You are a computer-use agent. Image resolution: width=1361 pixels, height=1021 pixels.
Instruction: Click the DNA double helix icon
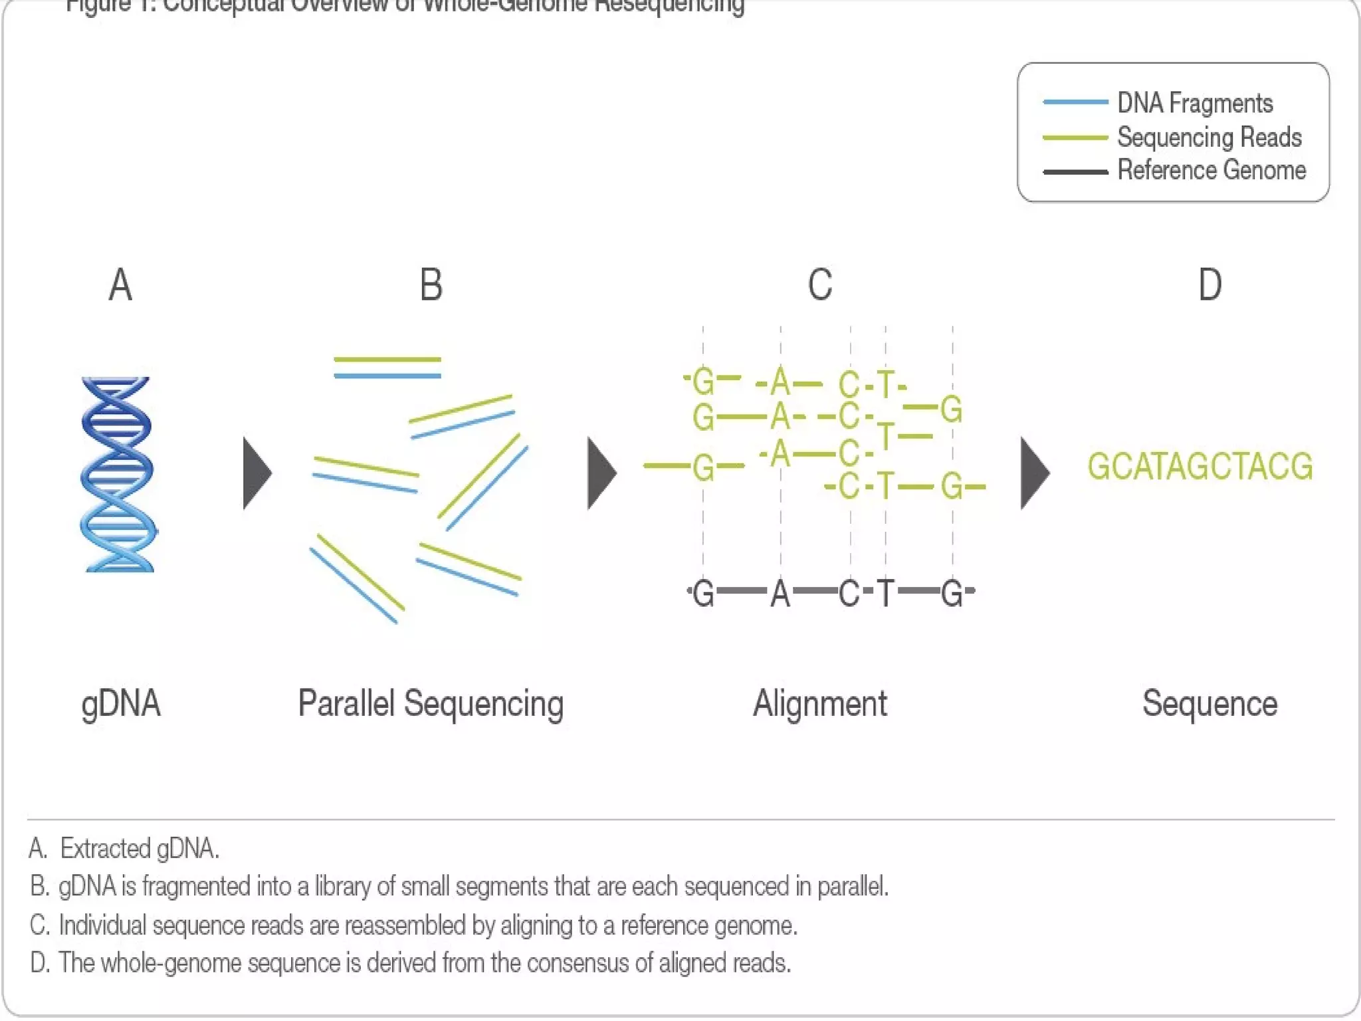pos(118,474)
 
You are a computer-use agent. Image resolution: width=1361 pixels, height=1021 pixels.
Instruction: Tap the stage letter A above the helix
pos(120,285)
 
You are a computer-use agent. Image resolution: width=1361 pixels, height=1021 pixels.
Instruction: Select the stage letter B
pos(431,285)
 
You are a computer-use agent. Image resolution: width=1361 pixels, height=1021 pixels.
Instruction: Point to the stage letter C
pos(819,285)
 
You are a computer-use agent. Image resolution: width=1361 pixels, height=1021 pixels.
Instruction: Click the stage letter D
pos(1209,285)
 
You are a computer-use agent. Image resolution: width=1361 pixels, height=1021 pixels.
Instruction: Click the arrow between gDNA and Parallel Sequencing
pos(257,473)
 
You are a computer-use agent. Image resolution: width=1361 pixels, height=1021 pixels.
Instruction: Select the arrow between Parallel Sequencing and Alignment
pos(601,473)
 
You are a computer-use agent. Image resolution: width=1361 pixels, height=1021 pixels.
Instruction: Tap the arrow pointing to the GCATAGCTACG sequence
pos(1034,473)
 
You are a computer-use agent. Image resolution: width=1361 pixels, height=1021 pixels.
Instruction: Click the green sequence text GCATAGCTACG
pos(1200,466)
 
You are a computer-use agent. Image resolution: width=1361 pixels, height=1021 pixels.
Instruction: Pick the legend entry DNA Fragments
pos(1194,103)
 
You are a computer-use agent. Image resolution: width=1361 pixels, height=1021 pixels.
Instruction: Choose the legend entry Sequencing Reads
pos(1209,137)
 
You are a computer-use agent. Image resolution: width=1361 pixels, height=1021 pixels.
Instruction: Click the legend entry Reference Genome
pos(1211,170)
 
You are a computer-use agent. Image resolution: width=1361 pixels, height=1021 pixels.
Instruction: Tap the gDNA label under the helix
pos(121,704)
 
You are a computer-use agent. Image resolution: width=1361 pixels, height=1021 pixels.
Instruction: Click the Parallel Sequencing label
pos(431,704)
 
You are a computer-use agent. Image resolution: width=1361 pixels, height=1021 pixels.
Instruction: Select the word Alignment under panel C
pos(819,704)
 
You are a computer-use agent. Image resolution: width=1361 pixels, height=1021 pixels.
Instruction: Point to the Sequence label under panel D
pos(1209,704)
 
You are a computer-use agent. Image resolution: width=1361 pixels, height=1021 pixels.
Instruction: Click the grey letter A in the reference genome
pos(780,593)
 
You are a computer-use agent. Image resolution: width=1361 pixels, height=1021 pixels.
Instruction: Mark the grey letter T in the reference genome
pos(885,593)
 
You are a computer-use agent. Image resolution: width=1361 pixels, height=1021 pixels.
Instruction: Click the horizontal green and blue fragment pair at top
pos(387,368)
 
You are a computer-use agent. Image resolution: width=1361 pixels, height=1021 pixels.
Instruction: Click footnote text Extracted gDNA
pos(140,849)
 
